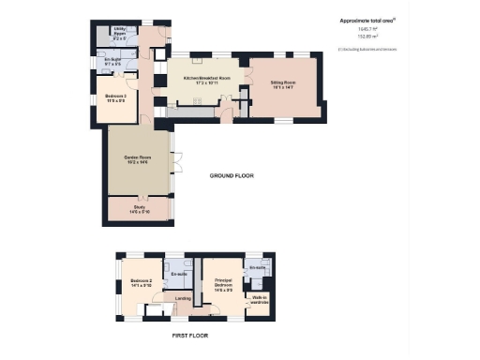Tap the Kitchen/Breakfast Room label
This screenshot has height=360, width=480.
tap(197, 82)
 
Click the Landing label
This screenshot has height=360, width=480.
tap(184, 300)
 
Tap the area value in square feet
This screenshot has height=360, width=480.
tap(365, 29)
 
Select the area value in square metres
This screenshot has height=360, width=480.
tap(365, 37)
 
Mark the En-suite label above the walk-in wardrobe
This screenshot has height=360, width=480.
tap(257, 268)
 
